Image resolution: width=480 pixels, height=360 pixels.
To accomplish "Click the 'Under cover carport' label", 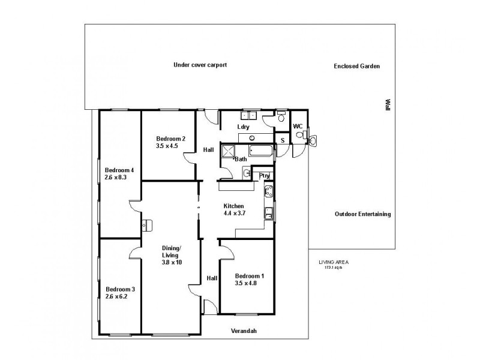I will coord(200,65).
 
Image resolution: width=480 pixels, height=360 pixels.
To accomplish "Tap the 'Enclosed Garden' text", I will coord(356,67).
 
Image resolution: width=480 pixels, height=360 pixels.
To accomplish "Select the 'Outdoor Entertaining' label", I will coord(362,214).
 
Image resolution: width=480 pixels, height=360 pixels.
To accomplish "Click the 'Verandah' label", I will coord(248,331).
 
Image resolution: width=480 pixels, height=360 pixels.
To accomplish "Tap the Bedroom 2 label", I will coord(170,139).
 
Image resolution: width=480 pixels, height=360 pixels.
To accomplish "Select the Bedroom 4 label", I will coord(119,170).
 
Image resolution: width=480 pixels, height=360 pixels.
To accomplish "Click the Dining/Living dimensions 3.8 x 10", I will coord(171,262).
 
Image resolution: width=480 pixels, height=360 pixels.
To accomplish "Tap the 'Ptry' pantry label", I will coord(264,176).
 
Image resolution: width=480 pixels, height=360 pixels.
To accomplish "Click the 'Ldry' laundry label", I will coord(243,127).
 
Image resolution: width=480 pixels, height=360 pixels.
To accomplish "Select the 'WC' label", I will coord(298,127).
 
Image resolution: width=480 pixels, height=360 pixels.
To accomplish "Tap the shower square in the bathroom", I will coord(229,151).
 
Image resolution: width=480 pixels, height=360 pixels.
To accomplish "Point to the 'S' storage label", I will coord(283,140).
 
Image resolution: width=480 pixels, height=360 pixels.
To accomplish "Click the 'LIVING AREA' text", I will coord(334,262).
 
